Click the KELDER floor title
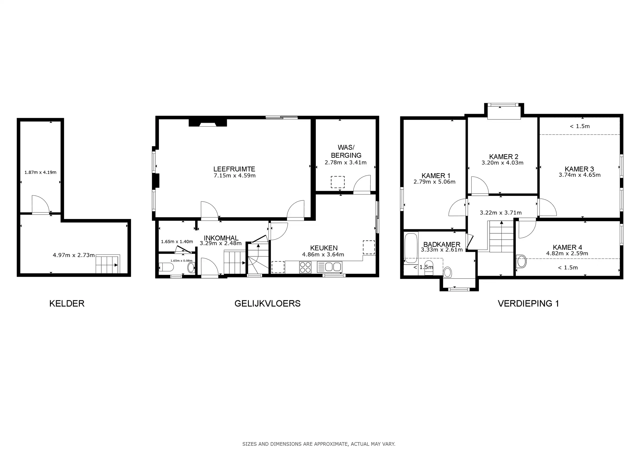[x=67, y=303]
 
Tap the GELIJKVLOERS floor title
[x=267, y=303]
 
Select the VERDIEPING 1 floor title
[x=528, y=303]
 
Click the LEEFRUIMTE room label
[x=234, y=169]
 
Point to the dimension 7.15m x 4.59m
[x=234, y=176]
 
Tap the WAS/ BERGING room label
[x=346, y=151]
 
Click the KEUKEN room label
[x=324, y=248]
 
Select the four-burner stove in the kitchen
[x=305, y=267]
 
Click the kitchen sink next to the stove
[x=329, y=267]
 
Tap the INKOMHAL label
[x=221, y=238]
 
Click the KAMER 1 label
[x=436, y=176]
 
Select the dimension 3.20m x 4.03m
[x=502, y=163]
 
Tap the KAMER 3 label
[x=579, y=169]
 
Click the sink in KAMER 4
[x=521, y=262]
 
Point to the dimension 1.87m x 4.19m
[x=40, y=172]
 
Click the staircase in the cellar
[x=108, y=264]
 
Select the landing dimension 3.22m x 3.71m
[x=501, y=213]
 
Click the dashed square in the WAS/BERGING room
[x=338, y=182]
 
